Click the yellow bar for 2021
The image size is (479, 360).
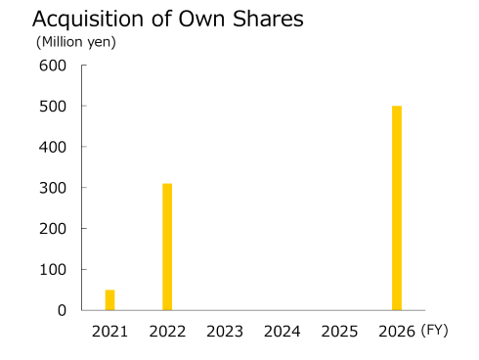coord(109,299)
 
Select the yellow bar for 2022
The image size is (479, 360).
coord(167,247)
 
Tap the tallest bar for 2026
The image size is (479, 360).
coord(397,207)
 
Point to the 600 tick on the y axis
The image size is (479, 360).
coord(52,66)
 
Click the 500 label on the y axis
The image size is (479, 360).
coord(52,106)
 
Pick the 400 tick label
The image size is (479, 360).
coord(52,147)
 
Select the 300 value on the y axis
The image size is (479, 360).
coord(52,188)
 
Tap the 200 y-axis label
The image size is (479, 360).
coord(52,228)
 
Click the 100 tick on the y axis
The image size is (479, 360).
coord(52,269)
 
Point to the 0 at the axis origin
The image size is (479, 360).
coord(62,310)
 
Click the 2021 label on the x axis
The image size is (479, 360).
coord(109,332)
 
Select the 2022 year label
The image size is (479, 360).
coord(167,332)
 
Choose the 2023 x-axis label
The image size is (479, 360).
coord(225,332)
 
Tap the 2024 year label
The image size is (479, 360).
coord(282,332)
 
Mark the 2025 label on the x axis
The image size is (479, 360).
coord(339,332)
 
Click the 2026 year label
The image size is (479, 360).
coord(397,332)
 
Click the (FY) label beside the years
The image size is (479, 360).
coord(434,331)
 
